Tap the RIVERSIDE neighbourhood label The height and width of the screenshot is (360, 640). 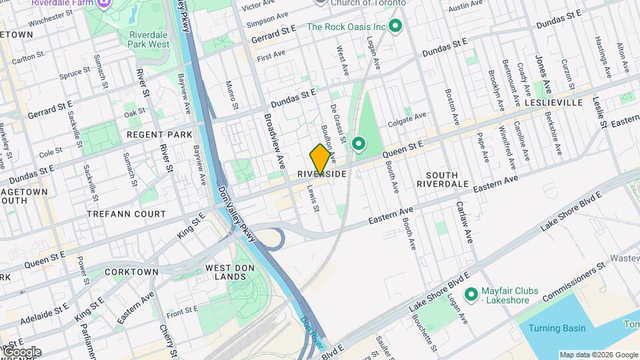[x=321, y=174]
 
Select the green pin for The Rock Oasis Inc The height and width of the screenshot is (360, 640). [x=395, y=27]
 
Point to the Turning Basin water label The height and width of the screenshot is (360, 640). [x=557, y=328]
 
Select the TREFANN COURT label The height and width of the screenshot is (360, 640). [x=127, y=214]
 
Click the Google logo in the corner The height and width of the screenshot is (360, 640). [x=21, y=352]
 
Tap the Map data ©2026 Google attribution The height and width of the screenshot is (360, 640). [x=598, y=355]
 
